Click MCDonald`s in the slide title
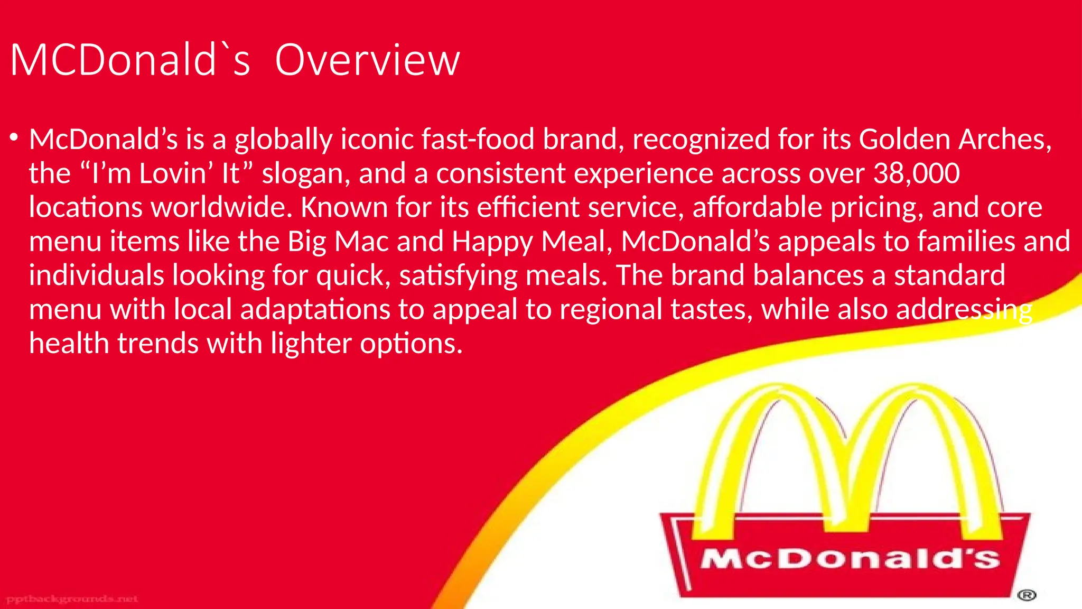129,60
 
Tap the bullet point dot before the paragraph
14,139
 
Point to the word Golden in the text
904,140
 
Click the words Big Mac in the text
338,242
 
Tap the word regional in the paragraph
611,309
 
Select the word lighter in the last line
311,344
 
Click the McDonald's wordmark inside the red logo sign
850,559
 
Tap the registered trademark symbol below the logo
1027,596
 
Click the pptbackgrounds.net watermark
72,599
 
